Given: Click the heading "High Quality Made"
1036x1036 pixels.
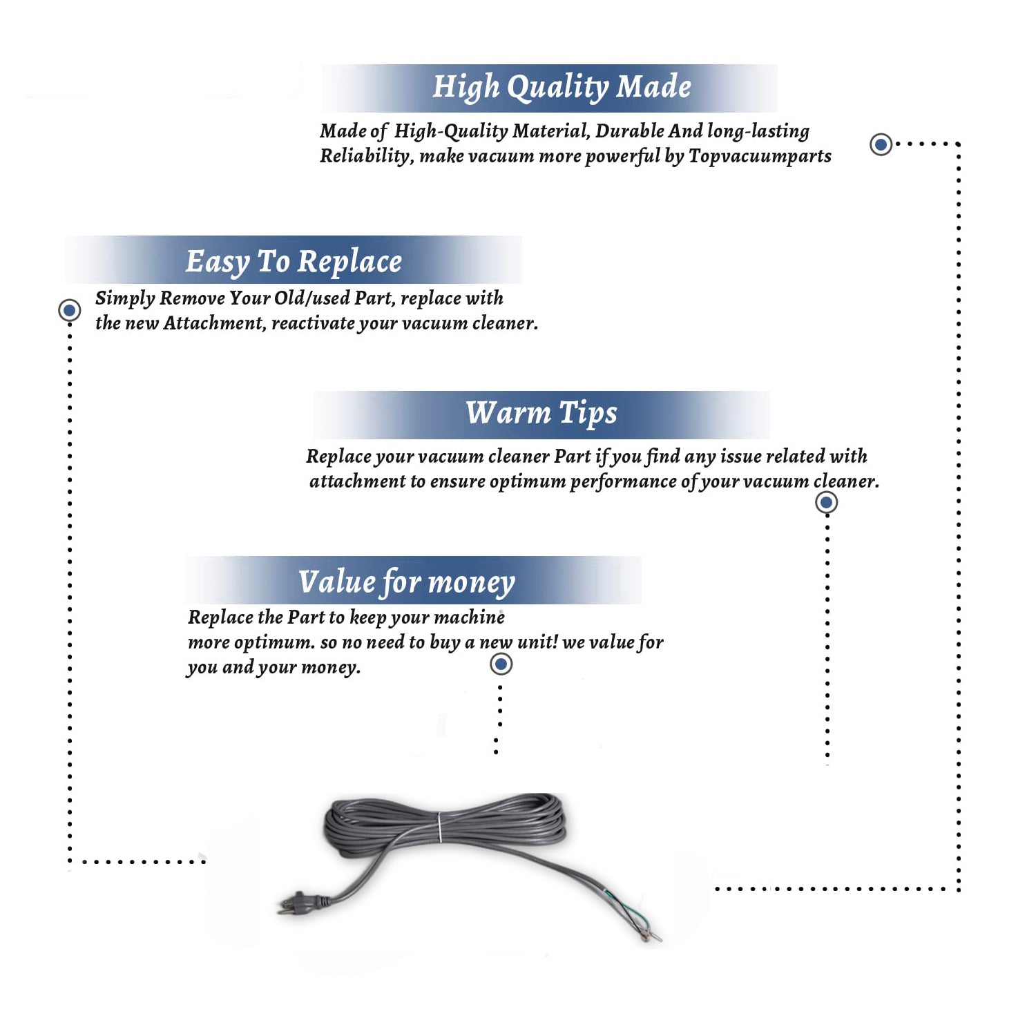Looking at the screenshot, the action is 562,88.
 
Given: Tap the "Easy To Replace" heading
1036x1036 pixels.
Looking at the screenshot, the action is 294,262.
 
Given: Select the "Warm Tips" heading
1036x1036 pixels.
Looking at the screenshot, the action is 541,414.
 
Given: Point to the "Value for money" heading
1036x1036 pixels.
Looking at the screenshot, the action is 407,582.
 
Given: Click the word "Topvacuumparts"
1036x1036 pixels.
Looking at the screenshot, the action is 760,157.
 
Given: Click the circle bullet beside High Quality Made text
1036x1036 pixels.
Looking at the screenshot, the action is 881,144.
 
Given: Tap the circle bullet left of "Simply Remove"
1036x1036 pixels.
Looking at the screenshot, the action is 69,310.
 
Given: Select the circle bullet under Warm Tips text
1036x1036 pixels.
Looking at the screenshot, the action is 826,502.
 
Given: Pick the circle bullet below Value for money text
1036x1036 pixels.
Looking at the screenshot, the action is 501,664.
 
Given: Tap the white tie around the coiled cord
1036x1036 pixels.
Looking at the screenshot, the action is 439,827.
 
